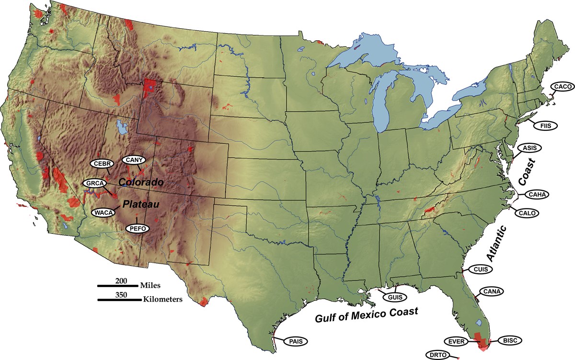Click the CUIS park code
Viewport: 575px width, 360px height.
point(480,269)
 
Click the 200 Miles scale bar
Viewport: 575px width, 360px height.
point(118,286)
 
